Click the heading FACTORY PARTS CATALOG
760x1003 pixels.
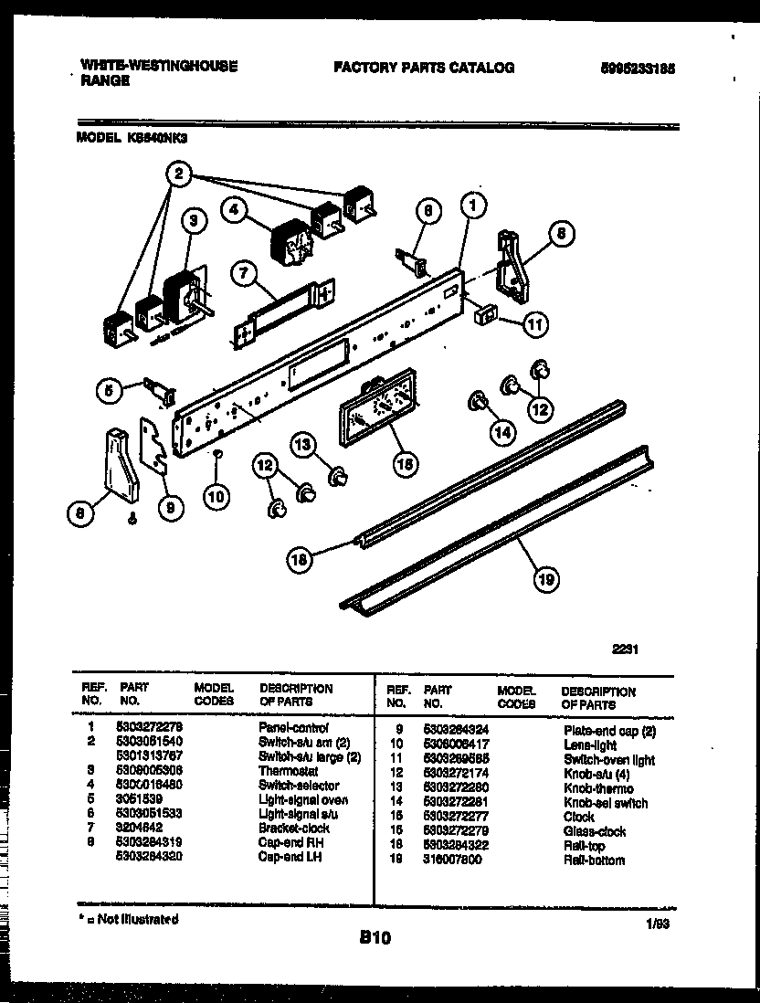[424, 67]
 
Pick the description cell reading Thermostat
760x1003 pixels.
[289, 771]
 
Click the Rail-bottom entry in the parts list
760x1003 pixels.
[594, 860]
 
